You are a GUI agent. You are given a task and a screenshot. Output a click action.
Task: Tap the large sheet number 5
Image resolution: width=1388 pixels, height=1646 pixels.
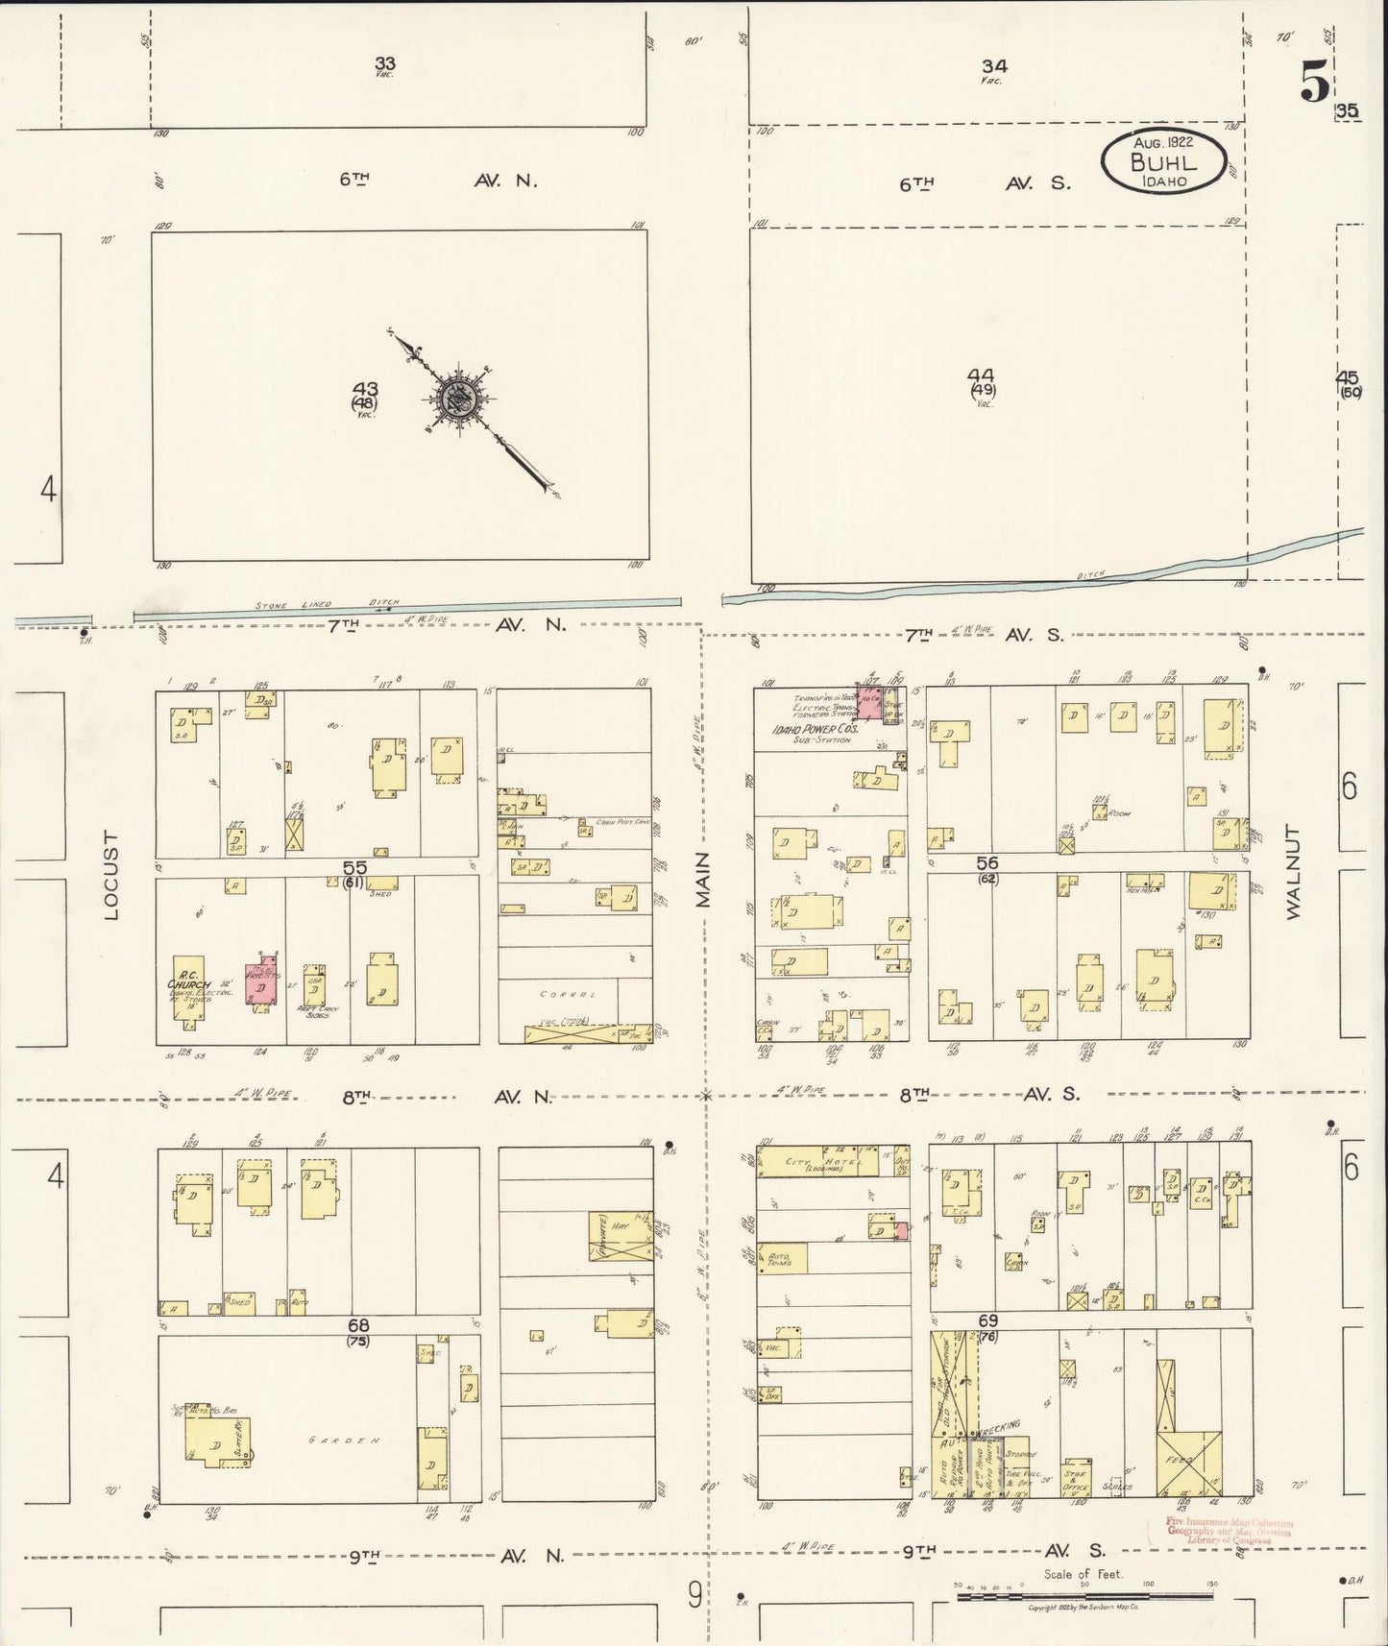(1315, 83)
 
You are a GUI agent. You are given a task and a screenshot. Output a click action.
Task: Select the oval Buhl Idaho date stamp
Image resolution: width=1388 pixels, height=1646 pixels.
(1163, 158)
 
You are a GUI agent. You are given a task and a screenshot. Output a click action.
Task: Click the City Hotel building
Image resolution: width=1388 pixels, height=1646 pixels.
(818, 1162)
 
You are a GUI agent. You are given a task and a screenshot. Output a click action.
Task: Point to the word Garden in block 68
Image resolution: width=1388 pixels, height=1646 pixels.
(332, 1441)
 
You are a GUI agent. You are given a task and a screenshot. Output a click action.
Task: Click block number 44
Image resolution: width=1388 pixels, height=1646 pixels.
(981, 375)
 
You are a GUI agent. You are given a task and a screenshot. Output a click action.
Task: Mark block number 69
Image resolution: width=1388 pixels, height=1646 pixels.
(988, 1321)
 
